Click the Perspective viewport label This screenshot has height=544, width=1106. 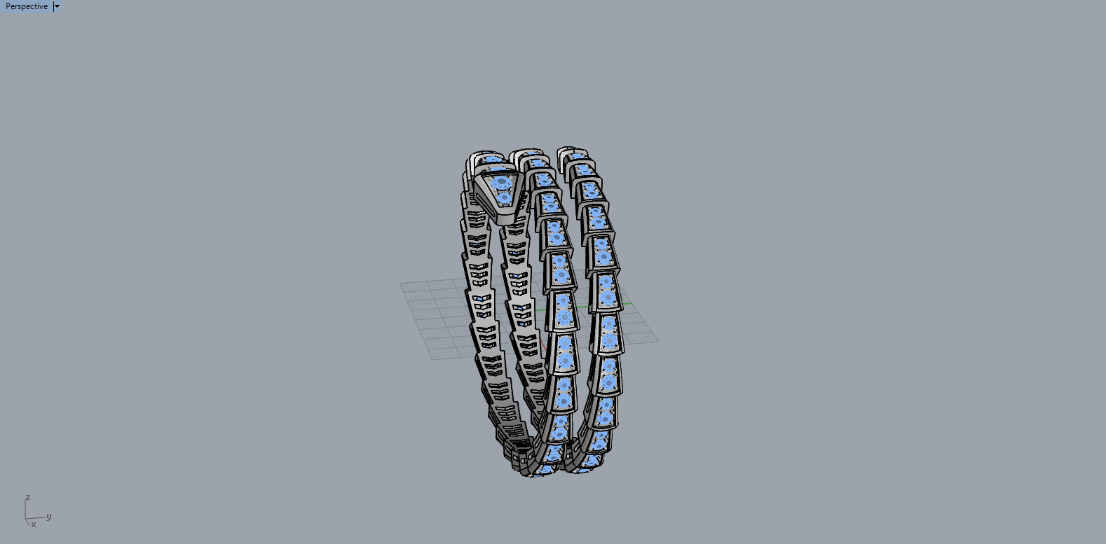coord(27,6)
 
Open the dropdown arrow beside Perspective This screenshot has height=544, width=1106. coord(57,6)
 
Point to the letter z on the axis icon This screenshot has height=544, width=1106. coord(28,497)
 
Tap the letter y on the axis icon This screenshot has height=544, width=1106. coord(48,516)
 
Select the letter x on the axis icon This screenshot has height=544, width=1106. coord(33,524)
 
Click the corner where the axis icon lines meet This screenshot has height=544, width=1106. coord(26,519)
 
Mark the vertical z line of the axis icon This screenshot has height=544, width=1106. coord(26,509)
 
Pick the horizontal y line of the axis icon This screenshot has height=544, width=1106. coord(36,519)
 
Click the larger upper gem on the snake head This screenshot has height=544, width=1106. coord(501,183)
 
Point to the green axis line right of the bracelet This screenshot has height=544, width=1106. coord(625,304)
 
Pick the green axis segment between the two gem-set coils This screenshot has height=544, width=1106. coord(583,309)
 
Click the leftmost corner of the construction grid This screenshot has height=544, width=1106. coord(400,284)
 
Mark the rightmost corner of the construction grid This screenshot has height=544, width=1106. coord(657,342)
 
